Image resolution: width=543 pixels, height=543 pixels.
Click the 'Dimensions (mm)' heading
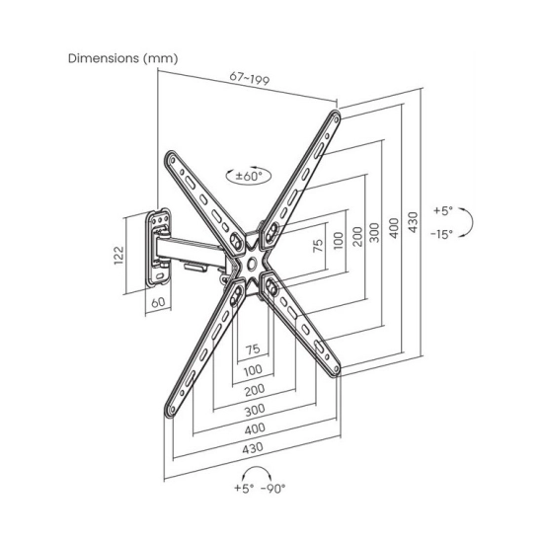coord(123,58)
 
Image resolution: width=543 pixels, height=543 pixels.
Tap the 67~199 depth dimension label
coord(250,78)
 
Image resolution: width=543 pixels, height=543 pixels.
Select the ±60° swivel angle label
coord(249,176)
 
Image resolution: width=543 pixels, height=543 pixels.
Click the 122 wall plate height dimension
coord(118,256)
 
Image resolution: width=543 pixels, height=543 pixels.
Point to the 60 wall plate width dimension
coord(158,302)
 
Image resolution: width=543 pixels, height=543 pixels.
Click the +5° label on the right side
coord(443,210)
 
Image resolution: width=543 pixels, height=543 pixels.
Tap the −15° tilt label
coord(442,234)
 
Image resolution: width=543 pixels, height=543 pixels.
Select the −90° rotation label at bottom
coord(273,489)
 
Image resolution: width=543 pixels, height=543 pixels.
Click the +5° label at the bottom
coord(244,488)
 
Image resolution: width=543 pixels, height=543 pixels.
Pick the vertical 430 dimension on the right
coord(413,222)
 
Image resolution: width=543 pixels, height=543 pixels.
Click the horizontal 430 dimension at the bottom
coord(253,448)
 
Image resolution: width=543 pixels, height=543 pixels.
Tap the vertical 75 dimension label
coord(318,246)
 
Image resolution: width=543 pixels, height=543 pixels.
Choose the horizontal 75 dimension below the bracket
coord(253,349)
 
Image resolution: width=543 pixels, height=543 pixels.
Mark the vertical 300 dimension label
coord(374,233)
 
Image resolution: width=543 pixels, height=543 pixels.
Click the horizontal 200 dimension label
coord(255,390)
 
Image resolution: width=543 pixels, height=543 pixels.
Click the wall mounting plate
coord(158,248)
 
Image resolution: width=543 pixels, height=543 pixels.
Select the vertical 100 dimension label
coord(339,240)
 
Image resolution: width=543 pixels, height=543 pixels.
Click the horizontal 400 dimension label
coord(255,429)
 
